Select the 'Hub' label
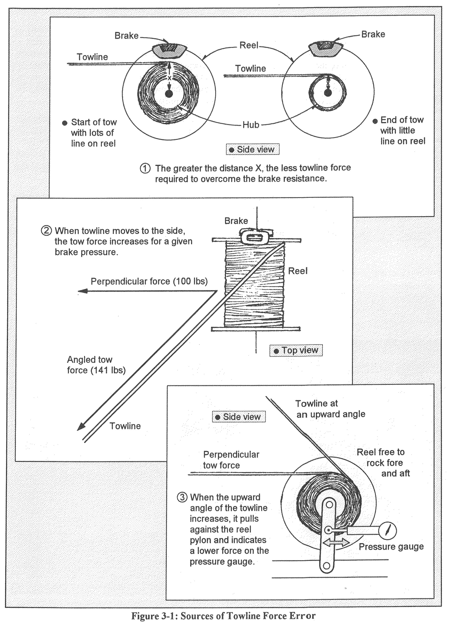[x=251, y=125]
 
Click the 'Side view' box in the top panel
[x=252, y=150]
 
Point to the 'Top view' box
[x=296, y=351]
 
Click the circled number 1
[x=145, y=169]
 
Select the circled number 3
[x=182, y=498]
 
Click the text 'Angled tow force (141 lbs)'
[x=96, y=365]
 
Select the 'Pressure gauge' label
[x=391, y=547]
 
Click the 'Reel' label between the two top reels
[x=249, y=45]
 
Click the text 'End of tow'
[x=402, y=120]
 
